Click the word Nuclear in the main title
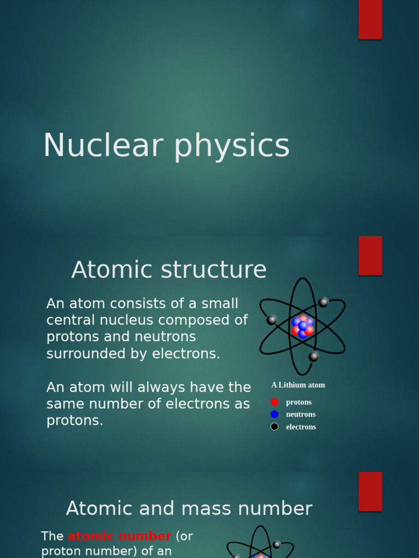[103, 146]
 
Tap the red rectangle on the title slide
[370, 19]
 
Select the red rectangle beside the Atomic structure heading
[370, 256]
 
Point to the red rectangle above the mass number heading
[370, 491]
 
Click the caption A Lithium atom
[298, 385]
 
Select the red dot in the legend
[274, 402]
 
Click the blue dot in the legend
[274, 414]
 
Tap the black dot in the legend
[274, 427]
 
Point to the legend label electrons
[301, 427]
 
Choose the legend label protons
[299, 402]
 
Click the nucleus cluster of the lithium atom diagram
[302, 326]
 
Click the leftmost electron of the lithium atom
[271, 320]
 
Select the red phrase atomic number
[119, 536]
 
